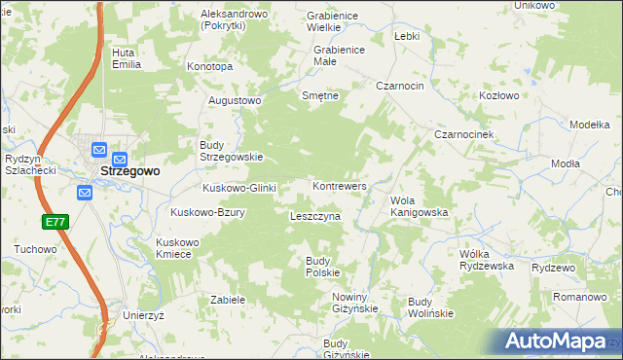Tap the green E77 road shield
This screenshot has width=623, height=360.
[55, 223]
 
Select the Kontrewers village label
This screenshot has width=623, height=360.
[339, 185]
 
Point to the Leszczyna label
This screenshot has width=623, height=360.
[314, 216]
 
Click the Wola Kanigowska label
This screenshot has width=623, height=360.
[419, 205]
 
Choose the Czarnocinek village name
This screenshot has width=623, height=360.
[465, 134]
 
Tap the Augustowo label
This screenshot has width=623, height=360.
[236, 100]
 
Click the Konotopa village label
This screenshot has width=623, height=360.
[209, 67]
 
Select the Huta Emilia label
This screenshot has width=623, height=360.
[127, 58]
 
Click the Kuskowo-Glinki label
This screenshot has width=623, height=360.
[239, 188]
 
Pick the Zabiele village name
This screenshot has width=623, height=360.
[227, 301]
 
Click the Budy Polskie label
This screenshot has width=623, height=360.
[322, 267]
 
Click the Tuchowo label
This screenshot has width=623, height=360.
[36, 249]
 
